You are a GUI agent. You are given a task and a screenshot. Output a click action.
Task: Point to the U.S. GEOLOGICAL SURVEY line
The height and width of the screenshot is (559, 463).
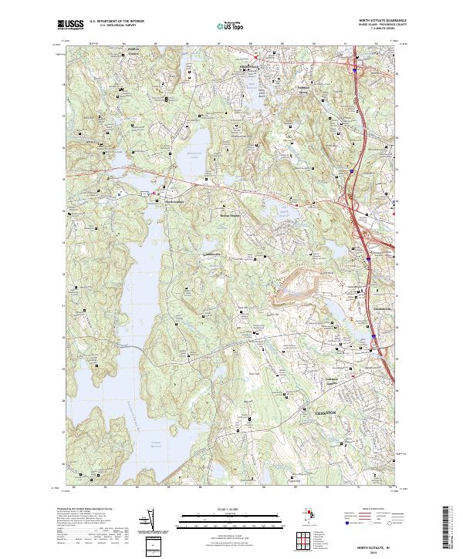[x=113, y=26]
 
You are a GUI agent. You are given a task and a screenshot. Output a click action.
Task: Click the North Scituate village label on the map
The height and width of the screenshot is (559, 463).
[x=176, y=203]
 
